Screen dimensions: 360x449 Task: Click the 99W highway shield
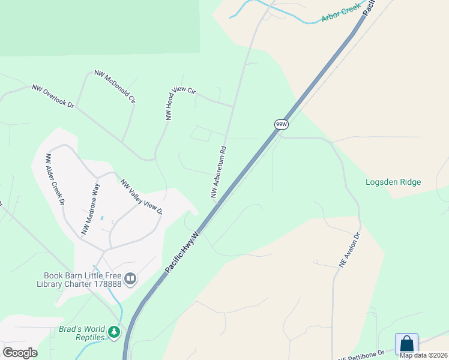[282, 124]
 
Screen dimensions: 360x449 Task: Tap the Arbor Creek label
[341, 13]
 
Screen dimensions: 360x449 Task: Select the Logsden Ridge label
[393, 182]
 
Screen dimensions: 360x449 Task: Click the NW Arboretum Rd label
[218, 172]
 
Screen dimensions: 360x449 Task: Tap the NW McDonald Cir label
[115, 87]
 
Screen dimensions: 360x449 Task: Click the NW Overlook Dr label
[53, 96]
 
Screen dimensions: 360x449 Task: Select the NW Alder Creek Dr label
[55, 179]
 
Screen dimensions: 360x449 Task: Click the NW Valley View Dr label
[142, 197]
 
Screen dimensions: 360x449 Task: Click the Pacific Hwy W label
[182, 251]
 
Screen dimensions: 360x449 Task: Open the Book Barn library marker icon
[130, 279]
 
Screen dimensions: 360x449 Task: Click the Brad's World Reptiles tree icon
[114, 331]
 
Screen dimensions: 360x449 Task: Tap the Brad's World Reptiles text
[82, 333]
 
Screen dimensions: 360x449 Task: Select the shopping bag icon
[406, 344]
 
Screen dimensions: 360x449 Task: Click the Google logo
[20, 352]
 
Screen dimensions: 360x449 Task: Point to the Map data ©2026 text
[423, 355]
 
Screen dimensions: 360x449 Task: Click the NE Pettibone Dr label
[361, 356]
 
